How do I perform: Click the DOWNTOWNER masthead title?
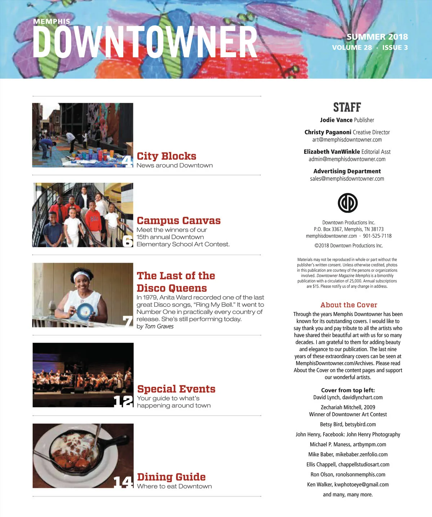tap(145, 42)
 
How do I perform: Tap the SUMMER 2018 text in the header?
tap(377, 37)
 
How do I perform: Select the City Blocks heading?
tap(166, 156)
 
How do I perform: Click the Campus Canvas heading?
tap(179, 220)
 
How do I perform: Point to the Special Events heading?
tap(176, 389)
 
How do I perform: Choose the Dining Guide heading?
tap(171, 477)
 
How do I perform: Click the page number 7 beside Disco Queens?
tap(128, 321)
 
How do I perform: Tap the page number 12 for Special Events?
tap(123, 401)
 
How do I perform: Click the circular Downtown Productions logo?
tap(348, 203)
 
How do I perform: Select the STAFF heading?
tap(347, 108)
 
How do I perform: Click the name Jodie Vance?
tap(336, 120)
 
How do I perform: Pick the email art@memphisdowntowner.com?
tap(347, 140)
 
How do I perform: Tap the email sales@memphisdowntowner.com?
tap(347, 179)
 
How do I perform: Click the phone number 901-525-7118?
tap(377, 236)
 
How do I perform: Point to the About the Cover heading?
tap(349, 305)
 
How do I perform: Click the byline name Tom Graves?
tap(159, 327)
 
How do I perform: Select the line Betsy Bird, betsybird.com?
tap(348, 424)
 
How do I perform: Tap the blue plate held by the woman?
tap(85, 311)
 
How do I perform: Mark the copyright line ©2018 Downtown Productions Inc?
tap(348, 246)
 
